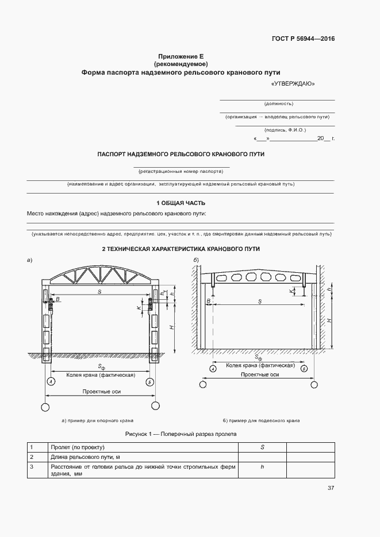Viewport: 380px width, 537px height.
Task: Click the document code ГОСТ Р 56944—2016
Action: pyautogui.click(x=302, y=39)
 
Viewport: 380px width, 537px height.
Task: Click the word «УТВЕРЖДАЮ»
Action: pyautogui.click(x=292, y=84)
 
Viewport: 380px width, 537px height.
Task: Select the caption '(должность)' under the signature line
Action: pyautogui.click(x=278, y=104)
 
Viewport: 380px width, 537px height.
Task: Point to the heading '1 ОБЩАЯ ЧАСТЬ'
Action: pyautogui.click(x=181, y=203)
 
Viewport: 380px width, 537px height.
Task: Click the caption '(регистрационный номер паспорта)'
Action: pyautogui.click(x=181, y=171)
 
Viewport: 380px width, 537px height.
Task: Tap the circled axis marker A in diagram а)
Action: pyautogui.click(x=50, y=382)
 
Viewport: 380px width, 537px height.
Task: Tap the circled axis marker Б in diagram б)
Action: pyautogui.click(x=304, y=369)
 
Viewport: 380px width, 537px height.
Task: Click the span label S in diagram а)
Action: pyautogui.click(x=99, y=292)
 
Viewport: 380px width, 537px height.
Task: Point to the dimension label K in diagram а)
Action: pyautogui.click(x=139, y=308)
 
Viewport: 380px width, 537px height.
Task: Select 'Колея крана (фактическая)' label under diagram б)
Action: pyautogui.click(x=260, y=365)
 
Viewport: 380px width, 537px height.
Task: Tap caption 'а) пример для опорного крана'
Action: pyautogui.click(x=98, y=420)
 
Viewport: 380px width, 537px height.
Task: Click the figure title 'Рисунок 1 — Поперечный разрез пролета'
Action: pyautogui.click(x=181, y=434)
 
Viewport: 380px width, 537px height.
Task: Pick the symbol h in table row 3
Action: pyautogui.click(x=262, y=467)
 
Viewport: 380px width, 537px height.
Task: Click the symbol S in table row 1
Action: pyautogui.click(x=262, y=447)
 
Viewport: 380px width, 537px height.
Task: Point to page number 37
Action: pyautogui.click(x=331, y=488)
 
